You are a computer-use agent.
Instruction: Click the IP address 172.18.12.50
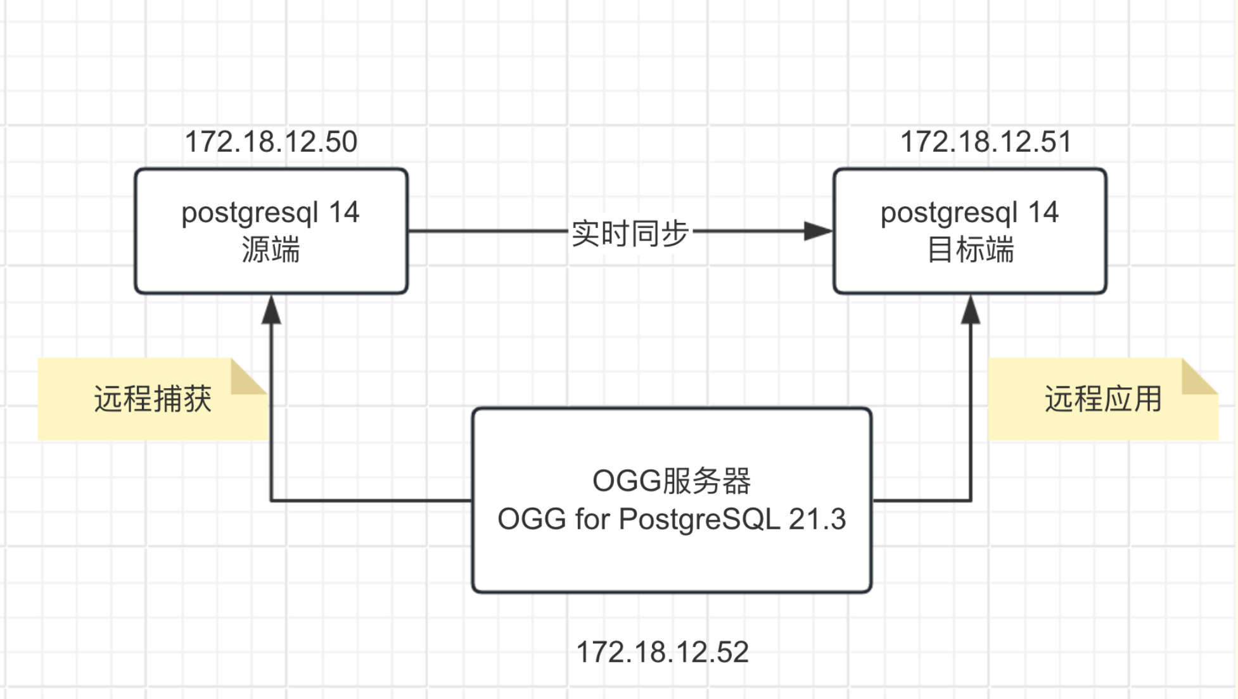271,142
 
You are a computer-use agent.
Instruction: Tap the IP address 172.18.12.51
986,142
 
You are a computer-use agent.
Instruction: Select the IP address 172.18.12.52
662,652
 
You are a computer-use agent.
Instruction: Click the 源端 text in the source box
271,250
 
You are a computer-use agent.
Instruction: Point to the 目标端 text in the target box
970,250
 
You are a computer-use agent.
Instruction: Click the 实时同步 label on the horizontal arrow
630,233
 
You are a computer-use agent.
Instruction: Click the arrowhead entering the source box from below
271,310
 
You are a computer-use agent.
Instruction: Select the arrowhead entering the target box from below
971,310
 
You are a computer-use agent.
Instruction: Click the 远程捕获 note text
153,399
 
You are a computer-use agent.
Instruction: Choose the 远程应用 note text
1102,399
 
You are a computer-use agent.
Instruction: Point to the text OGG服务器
672,481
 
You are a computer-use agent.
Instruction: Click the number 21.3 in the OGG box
817,519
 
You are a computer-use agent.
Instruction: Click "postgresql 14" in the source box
271,213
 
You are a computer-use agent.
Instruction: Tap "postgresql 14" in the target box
970,213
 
